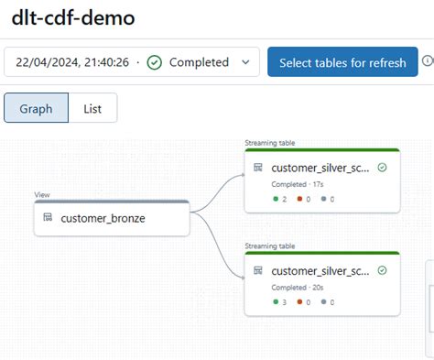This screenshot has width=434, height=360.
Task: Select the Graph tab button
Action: (x=36, y=108)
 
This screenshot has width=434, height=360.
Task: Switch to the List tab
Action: (x=92, y=108)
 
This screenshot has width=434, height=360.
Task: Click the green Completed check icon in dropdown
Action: (x=155, y=62)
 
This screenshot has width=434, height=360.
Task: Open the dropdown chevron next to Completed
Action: (x=244, y=62)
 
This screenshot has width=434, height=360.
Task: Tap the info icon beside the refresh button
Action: (x=428, y=61)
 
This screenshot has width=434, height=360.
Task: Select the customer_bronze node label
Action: (x=103, y=218)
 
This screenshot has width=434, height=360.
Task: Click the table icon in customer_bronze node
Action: (x=47, y=218)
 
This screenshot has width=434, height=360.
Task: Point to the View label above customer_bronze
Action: (x=41, y=195)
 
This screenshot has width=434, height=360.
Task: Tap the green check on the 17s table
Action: (x=382, y=168)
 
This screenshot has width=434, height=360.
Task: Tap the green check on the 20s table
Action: (x=382, y=270)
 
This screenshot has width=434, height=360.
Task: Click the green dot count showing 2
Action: (x=281, y=199)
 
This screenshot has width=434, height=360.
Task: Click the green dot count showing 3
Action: (x=281, y=301)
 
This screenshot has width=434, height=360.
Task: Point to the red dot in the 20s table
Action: (x=301, y=301)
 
